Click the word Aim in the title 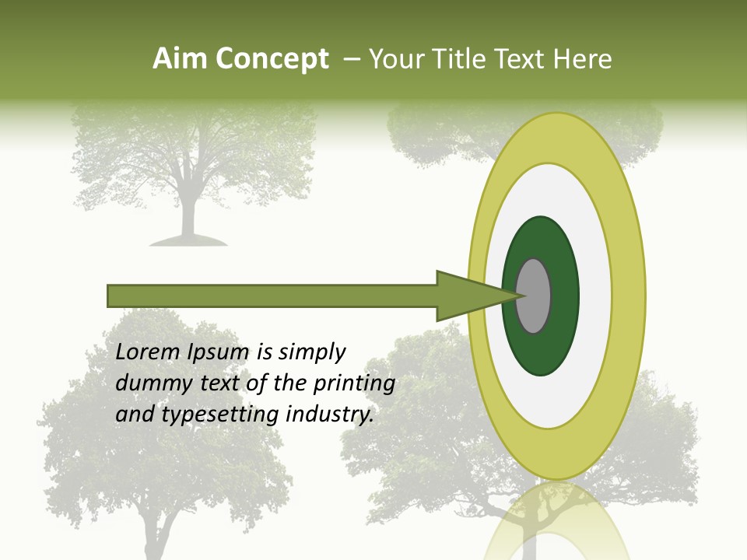180,59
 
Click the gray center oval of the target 535,296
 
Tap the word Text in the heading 521,59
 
